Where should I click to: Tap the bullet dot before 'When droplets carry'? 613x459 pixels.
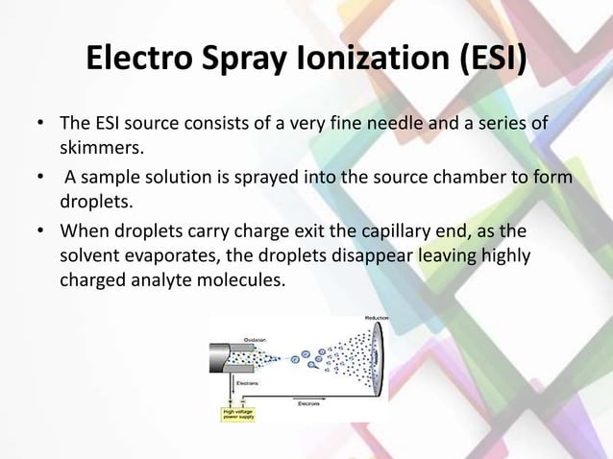[x=40, y=231]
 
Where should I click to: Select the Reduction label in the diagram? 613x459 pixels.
[x=378, y=318]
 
